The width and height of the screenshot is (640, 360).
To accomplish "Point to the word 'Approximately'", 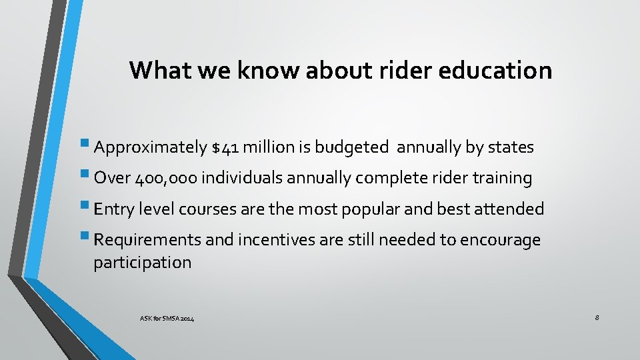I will pyautogui.click(x=150, y=148).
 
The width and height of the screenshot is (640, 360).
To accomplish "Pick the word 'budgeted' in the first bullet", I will pyautogui.click(x=353, y=148).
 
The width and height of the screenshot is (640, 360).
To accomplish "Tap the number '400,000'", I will pyautogui.click(x=165, y=179).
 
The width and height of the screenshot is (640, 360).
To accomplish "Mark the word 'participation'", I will pyautogui.click(x=142, y=263).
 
